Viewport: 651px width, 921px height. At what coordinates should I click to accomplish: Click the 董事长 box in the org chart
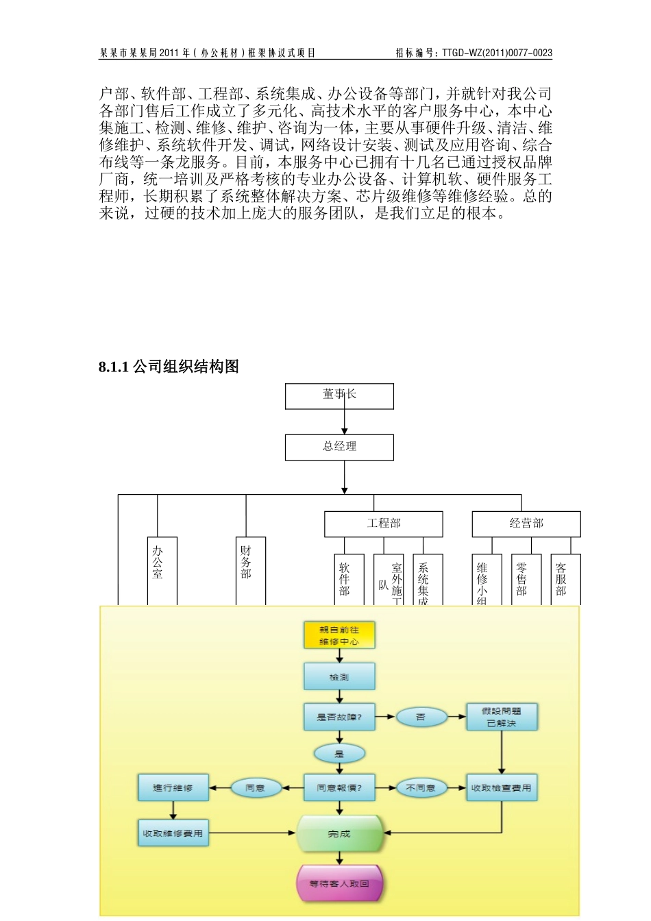click(x=339, y=395)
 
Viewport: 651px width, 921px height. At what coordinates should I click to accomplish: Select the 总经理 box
click(x=339, y=447)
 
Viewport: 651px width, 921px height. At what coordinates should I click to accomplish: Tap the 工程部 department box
click(x=383, y=524)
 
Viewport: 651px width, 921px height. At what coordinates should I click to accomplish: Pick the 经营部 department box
click(x=526, y=524)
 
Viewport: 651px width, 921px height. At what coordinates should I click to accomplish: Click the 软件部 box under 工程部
click(x=349, y=579)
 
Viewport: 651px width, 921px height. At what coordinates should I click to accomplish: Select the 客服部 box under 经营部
click(x=565, y=579)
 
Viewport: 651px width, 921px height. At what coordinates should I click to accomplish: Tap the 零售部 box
click(x=526, y=579)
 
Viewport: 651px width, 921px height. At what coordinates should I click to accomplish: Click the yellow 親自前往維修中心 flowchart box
click(x=339, y=635)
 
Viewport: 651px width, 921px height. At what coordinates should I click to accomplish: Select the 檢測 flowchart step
click(x=339, y=676)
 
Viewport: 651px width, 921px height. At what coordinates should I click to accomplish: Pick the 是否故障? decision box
click(x=339, y=717)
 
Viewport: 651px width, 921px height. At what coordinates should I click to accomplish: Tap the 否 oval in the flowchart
click(x=421, y=717)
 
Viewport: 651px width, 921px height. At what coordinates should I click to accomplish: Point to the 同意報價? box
click(x=339, y=788)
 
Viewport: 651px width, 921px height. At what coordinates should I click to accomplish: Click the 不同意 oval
click(x=421, y=788)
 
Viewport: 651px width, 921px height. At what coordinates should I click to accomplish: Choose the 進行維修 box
click(x=173, y=788)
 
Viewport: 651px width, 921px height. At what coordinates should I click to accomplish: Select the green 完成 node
click(x=339, y=834)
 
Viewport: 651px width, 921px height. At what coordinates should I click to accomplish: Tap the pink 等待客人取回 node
click(x=339, y=884)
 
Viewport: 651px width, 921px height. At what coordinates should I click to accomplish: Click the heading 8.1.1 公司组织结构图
click(x=169, y=367)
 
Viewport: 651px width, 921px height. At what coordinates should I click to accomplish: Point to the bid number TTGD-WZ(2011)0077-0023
click(x=496, y=53)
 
